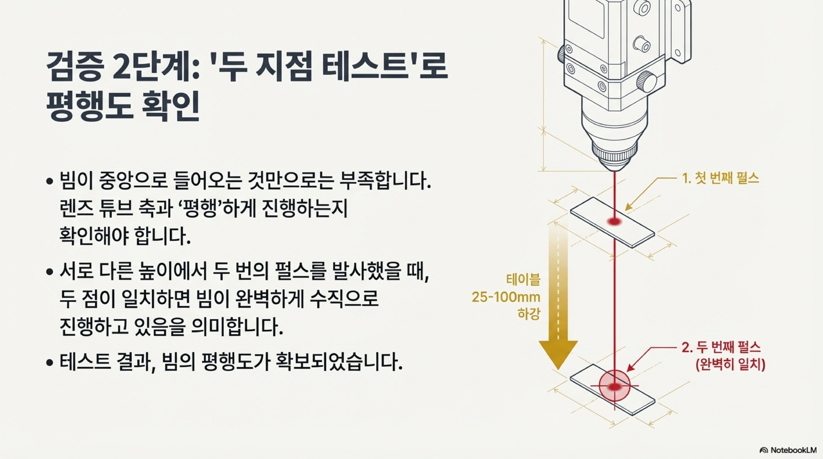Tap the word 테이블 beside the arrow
coord(523,280)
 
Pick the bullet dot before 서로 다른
coord(49,272)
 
